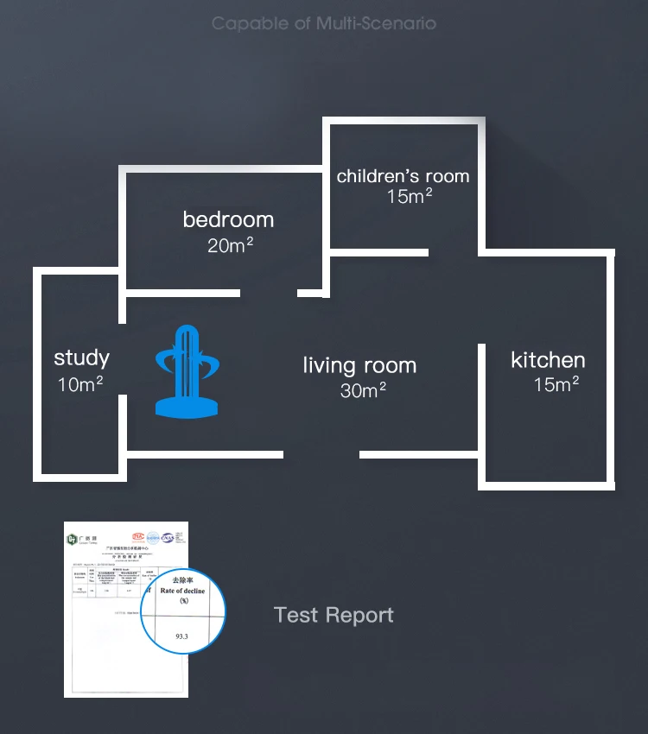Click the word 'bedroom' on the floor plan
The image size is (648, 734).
228,219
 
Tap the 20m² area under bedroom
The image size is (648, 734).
230,245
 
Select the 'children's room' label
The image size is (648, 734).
403,176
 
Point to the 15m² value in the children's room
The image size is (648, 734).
410,196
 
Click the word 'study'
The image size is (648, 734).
81,358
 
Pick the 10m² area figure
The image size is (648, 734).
81,383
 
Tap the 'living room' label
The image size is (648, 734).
359,365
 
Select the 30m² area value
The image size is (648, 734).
363,390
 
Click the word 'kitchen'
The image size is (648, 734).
548,360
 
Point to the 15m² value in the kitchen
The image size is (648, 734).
556,384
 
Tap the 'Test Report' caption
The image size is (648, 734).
334,615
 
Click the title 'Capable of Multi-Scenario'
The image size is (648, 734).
324,23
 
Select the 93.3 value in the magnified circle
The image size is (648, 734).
181,636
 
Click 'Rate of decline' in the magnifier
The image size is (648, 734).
185,591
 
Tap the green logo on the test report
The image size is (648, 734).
73,540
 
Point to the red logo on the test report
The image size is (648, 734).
138,535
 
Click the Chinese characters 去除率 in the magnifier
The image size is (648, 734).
183,579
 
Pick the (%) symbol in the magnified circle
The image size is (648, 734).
184,601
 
